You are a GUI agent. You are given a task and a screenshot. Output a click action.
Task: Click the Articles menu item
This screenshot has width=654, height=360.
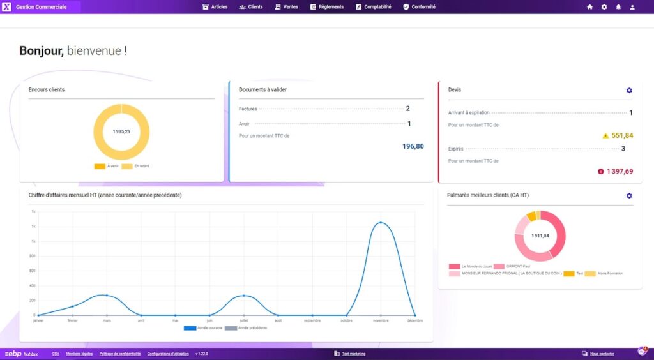click(215, 7)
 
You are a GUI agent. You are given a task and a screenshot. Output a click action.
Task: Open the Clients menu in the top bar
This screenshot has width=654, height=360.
click(251, 7)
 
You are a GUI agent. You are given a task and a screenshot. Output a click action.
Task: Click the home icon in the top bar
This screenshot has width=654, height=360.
click(589, 7)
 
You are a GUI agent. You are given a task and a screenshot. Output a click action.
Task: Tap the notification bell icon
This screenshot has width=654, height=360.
click(618, 7)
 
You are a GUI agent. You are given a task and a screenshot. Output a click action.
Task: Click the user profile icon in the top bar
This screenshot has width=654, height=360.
click(632, 7)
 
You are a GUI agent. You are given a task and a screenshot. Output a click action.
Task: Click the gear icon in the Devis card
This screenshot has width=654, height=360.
click(629, 91)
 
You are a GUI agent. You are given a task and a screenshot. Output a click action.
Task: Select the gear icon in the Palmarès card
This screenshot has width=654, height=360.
click(629, 196)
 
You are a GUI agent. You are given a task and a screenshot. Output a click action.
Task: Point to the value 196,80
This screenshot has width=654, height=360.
click(413, 146)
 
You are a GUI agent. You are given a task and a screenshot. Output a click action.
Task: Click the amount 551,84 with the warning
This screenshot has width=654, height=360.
click(621, 135)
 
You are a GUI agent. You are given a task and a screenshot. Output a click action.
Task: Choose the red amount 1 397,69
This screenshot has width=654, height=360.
click(620, 171)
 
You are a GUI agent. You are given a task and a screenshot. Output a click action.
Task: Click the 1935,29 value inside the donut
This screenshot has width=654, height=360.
click(121, 131)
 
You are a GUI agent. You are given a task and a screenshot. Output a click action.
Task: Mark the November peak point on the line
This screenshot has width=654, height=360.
click(381, 223)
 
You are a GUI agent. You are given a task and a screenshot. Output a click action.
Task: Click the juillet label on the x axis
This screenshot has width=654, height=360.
click(243, 320)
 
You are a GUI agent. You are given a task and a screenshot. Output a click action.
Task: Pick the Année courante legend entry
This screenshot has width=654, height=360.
click(204, 328)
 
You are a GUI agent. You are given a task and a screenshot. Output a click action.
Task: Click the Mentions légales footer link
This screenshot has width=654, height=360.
click(79, 354)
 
